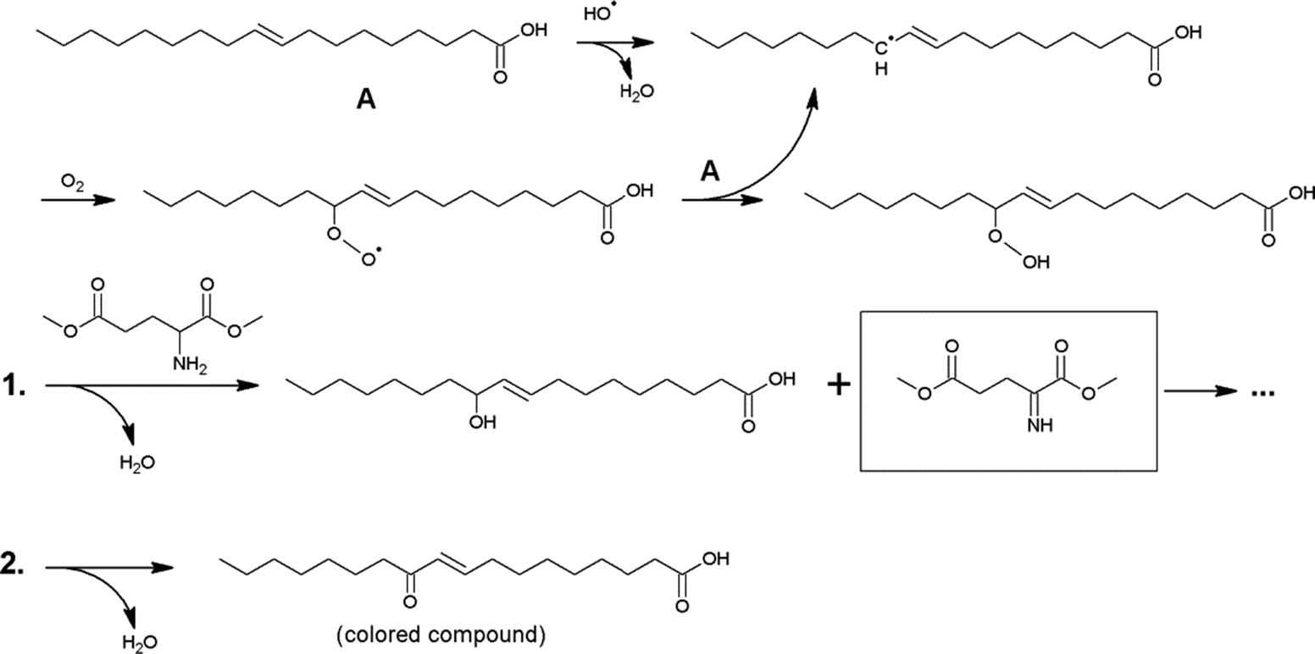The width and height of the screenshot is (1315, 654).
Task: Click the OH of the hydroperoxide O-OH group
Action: (x=1034, y=263)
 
